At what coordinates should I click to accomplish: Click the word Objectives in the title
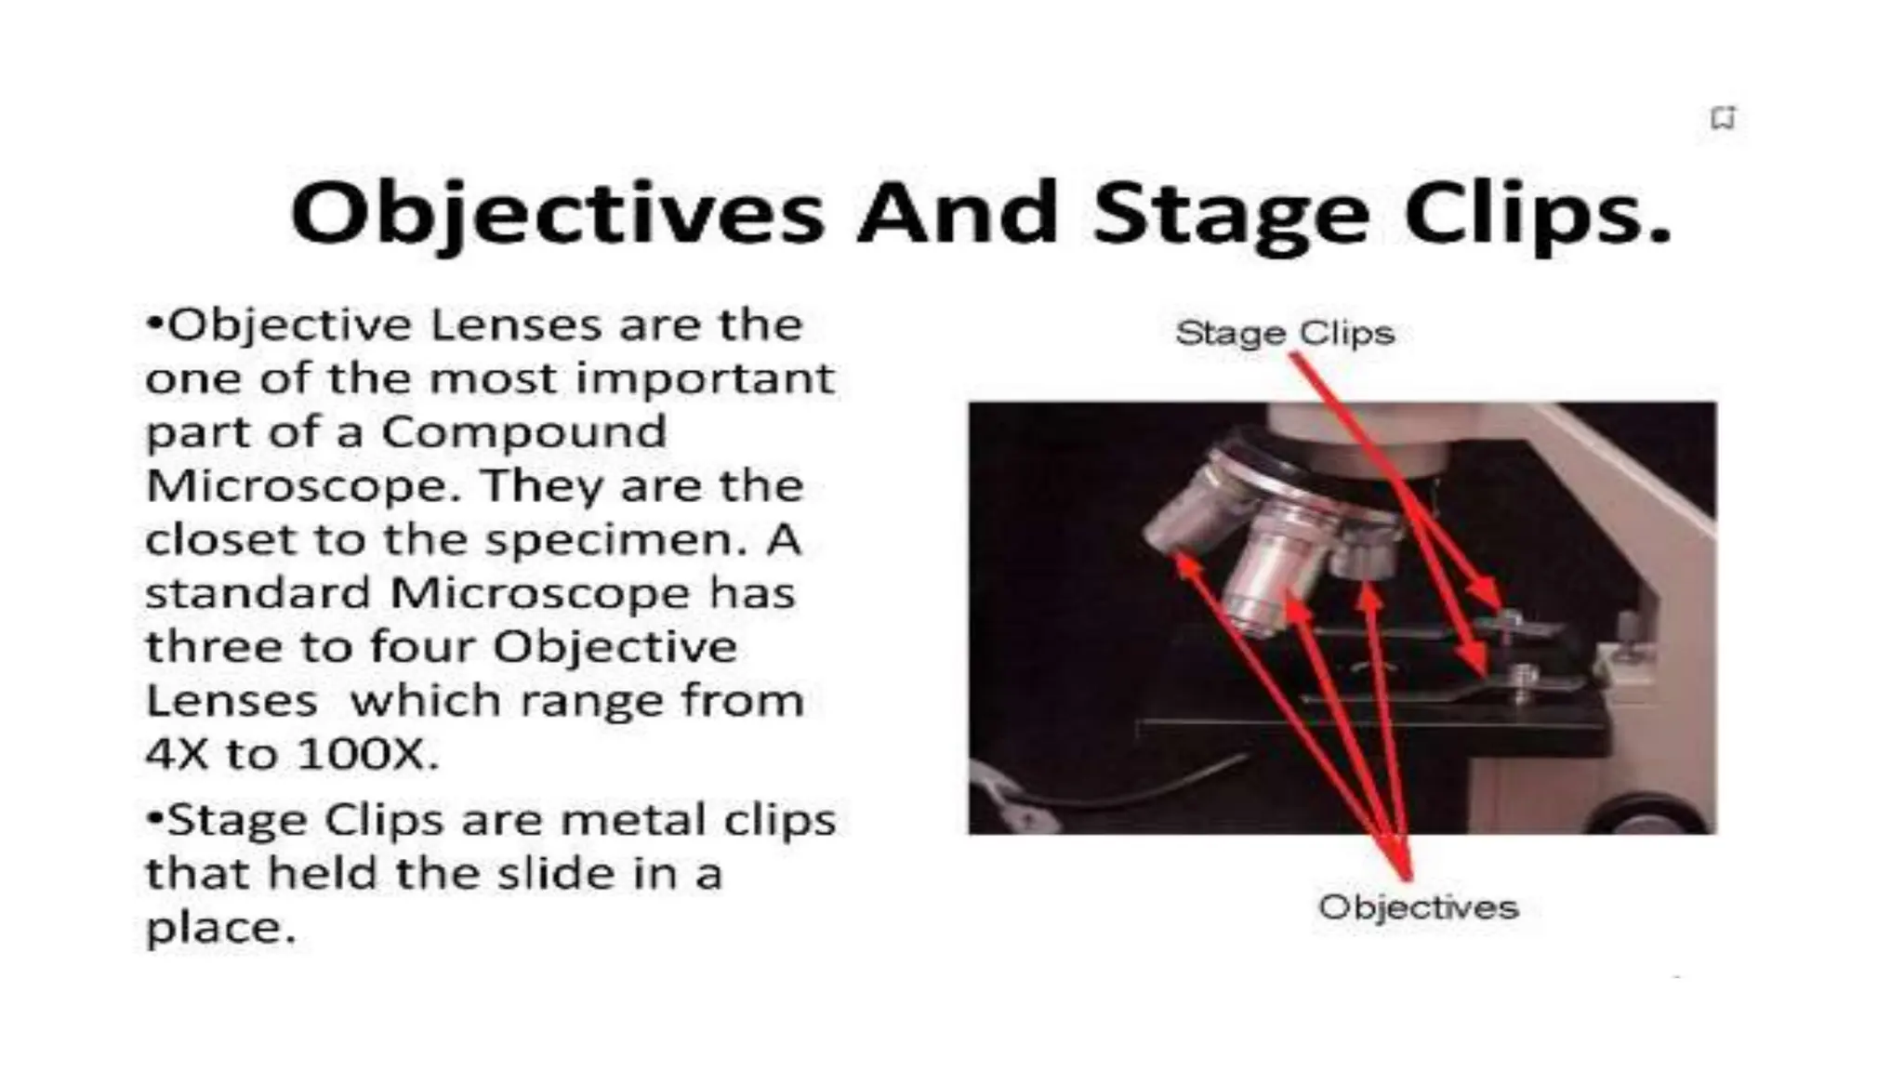[556, 214]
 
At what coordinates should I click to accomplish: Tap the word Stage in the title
[1230, 214]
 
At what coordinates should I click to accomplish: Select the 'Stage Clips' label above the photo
[1284, 333]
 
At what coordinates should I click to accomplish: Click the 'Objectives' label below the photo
[1417, 906]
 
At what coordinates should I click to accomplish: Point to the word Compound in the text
[523, 432]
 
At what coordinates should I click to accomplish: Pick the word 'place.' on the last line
[220, 928]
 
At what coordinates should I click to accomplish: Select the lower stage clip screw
[1521, 677]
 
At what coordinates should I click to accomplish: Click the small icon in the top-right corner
[1723, 119]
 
